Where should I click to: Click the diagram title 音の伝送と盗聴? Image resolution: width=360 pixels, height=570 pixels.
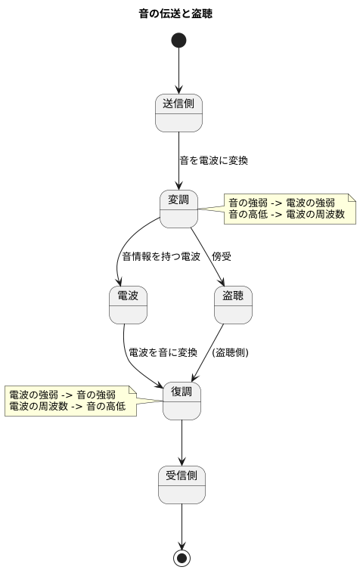click(x=180, y=14)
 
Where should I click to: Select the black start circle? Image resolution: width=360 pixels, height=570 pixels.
click(x=179, y=40)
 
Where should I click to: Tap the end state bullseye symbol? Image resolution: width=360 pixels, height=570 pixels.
click(x=182, y=558)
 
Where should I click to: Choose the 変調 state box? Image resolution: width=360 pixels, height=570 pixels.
click(x=179, y=209)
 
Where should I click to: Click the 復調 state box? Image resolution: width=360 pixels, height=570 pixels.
click(x=182, y=401)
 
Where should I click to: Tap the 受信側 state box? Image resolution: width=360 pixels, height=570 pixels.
click(x=182, y=485)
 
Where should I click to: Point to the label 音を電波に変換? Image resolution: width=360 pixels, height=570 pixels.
click(x=213, y=161)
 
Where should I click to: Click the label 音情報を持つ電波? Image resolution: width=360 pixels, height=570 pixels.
click(x=161, y=257)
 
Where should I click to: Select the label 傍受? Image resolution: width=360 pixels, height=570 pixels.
click(x=222, y=257)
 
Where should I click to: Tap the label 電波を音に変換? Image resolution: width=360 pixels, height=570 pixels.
click(x=163, y=353)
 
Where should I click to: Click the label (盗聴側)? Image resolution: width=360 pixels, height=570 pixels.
click(x=231, y=353)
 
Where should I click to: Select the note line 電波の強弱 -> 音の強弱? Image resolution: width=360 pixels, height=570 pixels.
click(x=62, y=395)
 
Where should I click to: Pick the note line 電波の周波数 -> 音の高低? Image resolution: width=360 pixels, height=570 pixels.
click(x=67, y=407)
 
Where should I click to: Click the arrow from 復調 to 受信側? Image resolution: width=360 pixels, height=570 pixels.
click(x=182, y=442)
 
